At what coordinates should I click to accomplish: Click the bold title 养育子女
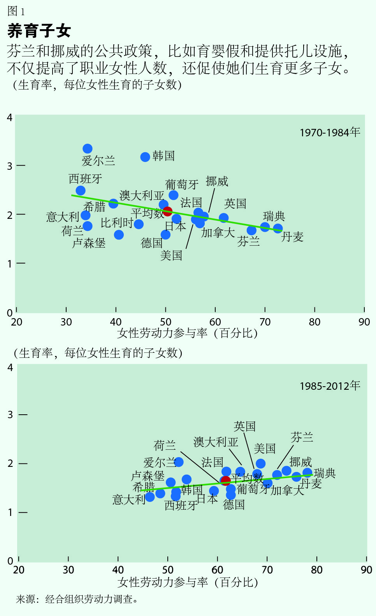39,31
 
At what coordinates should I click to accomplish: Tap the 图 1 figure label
16,11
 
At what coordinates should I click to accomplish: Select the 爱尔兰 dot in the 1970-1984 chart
88,149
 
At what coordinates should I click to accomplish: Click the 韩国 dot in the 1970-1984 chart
145,157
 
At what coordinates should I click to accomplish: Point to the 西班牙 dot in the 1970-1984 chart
81,190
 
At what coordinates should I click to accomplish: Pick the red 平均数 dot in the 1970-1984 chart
167,211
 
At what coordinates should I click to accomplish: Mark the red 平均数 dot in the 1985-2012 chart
226,480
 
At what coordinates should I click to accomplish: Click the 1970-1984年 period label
330,132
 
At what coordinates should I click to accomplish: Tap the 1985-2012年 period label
330,386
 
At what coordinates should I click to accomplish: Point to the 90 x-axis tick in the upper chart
364,322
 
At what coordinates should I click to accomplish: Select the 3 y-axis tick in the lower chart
11,415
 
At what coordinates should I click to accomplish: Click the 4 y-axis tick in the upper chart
10,118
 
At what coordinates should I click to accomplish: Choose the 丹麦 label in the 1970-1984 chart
292,237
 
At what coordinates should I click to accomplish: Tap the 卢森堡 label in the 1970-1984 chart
89,243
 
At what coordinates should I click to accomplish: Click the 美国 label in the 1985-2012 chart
265,449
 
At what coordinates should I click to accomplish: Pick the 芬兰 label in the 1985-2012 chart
302,437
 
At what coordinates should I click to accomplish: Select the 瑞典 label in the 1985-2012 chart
325,473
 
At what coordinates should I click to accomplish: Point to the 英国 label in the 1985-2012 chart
244,426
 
